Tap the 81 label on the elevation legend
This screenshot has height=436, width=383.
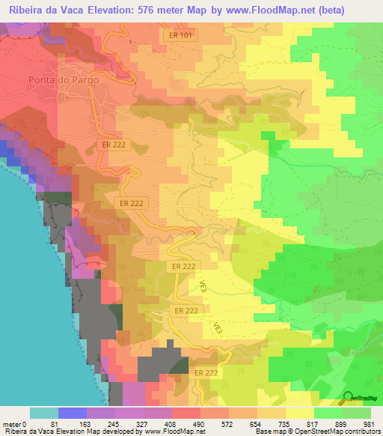[x=73, y=425]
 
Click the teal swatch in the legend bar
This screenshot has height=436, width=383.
[x=43, y=413]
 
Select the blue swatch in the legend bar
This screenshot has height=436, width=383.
[x=72, y=413]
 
